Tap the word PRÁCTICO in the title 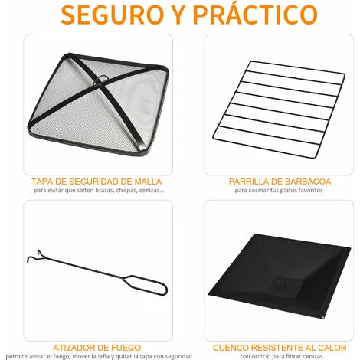coord(255,14)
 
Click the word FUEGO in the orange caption coord(128,348)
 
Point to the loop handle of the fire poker coord(146,285)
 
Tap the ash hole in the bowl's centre coord(285,286)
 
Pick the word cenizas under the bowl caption coord(313,356)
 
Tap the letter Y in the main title coord(178,15)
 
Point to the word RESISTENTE coord(277,348)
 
